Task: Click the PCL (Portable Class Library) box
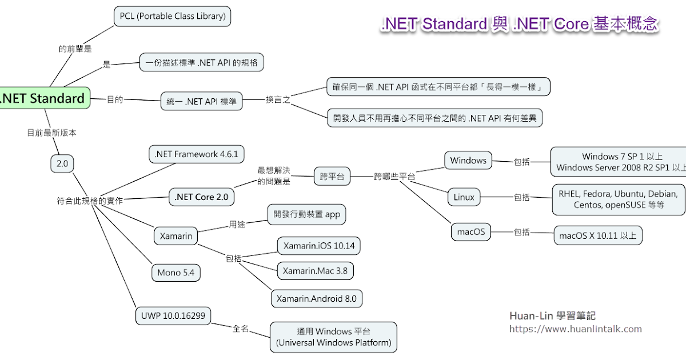tap(173, 17)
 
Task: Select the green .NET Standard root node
tap(43, 98)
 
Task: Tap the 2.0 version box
tap(62, 164)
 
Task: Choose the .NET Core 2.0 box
tap(202, 197)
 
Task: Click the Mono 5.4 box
tap(176, 273)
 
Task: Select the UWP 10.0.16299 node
tap(173, 315)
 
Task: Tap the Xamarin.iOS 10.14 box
tap(319, 246)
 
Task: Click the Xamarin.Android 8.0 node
tap(317, 298)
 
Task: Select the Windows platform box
tap(468, 161)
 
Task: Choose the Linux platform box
tap(464, 197)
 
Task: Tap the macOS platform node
tap(471, 231)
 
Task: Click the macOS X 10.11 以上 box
tap(599, 235)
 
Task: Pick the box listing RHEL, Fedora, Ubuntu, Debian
tap(619, 199)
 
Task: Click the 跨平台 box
tap(332, 177)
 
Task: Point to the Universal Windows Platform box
tap(333, 337)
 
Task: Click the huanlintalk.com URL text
tap(575, 329)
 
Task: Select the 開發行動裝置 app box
tap(306, 215)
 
